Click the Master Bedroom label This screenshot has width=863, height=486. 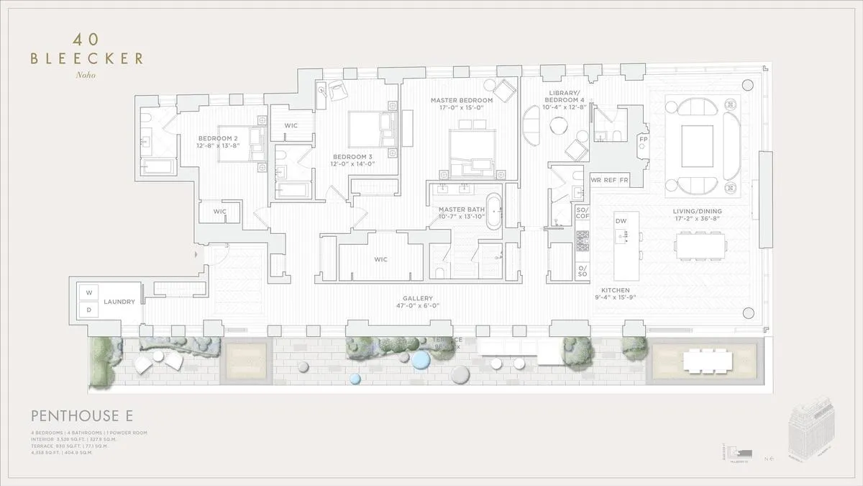click(462, 100)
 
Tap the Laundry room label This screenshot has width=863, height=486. click(119, 302)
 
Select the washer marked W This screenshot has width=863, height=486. click(89, 292)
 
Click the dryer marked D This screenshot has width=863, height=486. click(89, 310)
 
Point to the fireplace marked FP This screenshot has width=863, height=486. click(644, 139)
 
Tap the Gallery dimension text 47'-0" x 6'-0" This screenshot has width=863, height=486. click(417, 305)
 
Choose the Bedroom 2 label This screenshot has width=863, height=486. click(219, 138)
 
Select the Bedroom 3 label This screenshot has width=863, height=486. click(352, 156)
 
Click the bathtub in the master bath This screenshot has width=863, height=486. click(495, 210)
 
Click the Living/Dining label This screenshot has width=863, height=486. click(697, 212)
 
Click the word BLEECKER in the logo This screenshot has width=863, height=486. click(86, 58)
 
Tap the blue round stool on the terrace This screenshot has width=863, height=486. click(354, 379)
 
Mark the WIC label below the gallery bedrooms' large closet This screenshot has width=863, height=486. click(381, 259)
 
